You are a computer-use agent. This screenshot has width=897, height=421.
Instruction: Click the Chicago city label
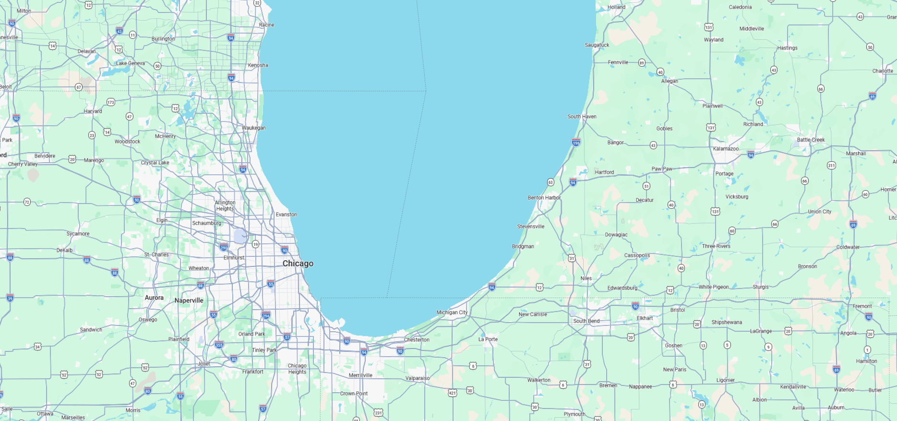(298, 264)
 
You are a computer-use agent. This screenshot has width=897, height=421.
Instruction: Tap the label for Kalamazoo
(726, 149)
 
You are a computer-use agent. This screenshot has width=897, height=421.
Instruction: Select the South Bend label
(586, 321)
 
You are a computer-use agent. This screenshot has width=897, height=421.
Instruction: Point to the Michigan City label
(452, 313)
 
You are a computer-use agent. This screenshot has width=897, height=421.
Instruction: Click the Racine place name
(266, 25)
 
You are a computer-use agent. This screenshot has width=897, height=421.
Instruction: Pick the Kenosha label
(258, 65)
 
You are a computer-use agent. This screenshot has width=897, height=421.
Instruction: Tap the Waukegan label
(253, 128)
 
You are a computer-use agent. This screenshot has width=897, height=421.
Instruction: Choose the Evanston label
(286, 215)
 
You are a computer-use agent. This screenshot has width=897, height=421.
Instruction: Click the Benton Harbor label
(544, 198)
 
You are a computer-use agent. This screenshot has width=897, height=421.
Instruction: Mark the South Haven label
(582, 117)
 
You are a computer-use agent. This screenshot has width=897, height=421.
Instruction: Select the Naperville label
(189, 301)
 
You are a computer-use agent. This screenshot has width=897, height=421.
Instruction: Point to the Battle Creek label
(811, 140)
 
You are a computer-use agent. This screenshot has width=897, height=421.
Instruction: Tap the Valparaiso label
(418, 378)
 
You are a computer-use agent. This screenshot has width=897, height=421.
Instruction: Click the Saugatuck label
(597, 45)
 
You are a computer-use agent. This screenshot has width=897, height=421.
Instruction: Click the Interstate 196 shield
(576, 142)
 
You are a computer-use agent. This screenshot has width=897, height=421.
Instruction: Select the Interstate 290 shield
(224, 248)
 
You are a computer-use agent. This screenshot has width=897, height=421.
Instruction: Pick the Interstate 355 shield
(219, 345)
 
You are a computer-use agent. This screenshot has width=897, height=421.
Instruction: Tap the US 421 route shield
(452, 393)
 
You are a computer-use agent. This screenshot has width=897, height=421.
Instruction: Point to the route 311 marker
(831, 166)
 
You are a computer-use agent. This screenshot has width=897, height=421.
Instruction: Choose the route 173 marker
(111, 102)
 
